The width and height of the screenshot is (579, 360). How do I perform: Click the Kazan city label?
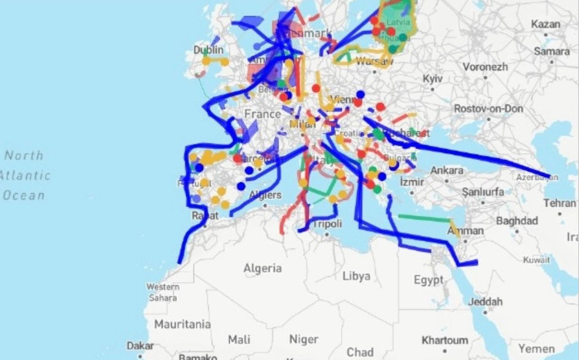546,25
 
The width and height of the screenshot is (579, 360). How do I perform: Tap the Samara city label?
550,50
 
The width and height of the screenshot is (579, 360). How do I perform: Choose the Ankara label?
448,170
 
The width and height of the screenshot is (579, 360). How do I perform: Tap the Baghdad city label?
516,220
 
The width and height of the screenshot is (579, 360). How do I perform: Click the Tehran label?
559,202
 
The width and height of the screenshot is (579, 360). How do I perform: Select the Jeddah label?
486,301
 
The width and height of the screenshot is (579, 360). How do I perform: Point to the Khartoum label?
445,340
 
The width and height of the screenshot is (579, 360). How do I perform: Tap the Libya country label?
357,276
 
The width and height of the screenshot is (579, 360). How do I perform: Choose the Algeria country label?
262,268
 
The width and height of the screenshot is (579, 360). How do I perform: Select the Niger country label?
303,339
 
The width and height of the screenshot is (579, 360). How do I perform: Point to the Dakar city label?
141,346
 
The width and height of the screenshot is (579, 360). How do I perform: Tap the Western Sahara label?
163,291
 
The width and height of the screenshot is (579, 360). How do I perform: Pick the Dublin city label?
208,49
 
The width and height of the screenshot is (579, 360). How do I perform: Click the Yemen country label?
537,348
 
